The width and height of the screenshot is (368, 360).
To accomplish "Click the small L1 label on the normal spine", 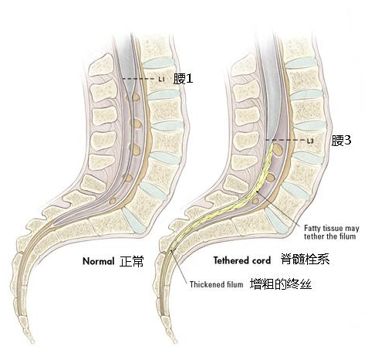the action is click(161, 79).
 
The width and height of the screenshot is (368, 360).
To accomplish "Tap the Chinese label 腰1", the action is click(183, 79).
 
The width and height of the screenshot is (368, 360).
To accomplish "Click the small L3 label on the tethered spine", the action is click(310, 141).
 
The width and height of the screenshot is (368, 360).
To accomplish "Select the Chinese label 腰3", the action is click(341, 141).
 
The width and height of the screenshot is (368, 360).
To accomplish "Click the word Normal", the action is click(98, 261).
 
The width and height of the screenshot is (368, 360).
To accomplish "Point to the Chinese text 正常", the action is click(131, 261).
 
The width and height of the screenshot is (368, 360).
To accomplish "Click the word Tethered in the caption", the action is click(231, 260).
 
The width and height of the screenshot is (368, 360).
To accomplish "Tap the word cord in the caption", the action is click(261, 260).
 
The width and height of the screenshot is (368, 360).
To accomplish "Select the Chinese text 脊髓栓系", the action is click(305, 259).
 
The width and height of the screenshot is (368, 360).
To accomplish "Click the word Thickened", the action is click(207, 284).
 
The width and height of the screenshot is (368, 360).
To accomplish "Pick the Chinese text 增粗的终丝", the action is click(281, 284).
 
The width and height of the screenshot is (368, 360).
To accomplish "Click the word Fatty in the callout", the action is click(312, 229).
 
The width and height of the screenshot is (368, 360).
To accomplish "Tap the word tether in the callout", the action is click(312, 236).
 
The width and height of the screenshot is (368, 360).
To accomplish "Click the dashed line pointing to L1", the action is click(140, 79).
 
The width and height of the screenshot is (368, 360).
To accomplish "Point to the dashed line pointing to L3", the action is click(285, 141).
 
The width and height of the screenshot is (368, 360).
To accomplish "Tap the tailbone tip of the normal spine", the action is click(32, 341).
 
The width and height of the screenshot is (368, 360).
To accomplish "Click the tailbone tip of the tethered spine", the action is click(175, 341).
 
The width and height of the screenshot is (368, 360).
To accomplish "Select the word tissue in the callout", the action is click(333, 229).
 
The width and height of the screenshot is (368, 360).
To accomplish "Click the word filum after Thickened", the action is click(235, 284).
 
